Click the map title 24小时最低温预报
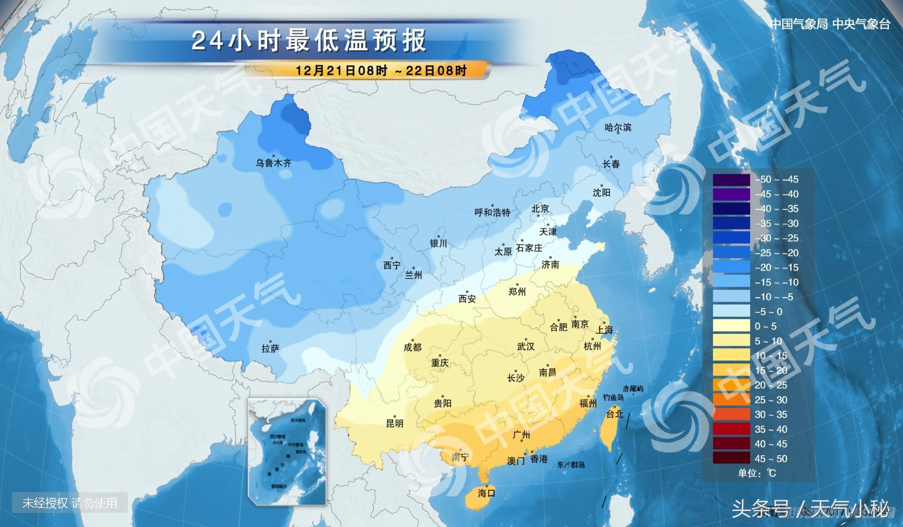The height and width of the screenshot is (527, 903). (309, 40)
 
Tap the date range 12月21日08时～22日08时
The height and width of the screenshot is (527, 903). (381, 70)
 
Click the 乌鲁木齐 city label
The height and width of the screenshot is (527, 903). (273, 163)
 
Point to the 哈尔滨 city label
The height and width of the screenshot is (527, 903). (618, 128)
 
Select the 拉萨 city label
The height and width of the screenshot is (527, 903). (270, 349)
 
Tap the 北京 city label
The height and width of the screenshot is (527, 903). (540, 209)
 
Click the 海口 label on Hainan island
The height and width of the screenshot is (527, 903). (486, 493)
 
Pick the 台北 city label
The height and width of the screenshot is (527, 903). (615, 414)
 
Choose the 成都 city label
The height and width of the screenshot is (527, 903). (413, 347)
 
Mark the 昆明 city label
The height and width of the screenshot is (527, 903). (395, 424)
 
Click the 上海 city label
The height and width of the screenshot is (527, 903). (604, 330)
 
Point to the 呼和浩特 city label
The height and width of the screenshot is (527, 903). (492, 212)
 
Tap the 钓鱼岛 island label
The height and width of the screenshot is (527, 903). (613, 397)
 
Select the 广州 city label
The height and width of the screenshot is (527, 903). (521, 435)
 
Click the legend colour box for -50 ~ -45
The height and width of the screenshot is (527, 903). (731, 180)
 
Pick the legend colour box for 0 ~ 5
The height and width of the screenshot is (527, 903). (731, 326)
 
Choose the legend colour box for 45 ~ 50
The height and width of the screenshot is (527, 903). (731, 459)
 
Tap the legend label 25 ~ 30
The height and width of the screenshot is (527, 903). (771, 400)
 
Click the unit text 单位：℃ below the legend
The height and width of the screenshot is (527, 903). (757, 473)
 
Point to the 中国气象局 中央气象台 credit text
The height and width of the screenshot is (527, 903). (830, 24)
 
